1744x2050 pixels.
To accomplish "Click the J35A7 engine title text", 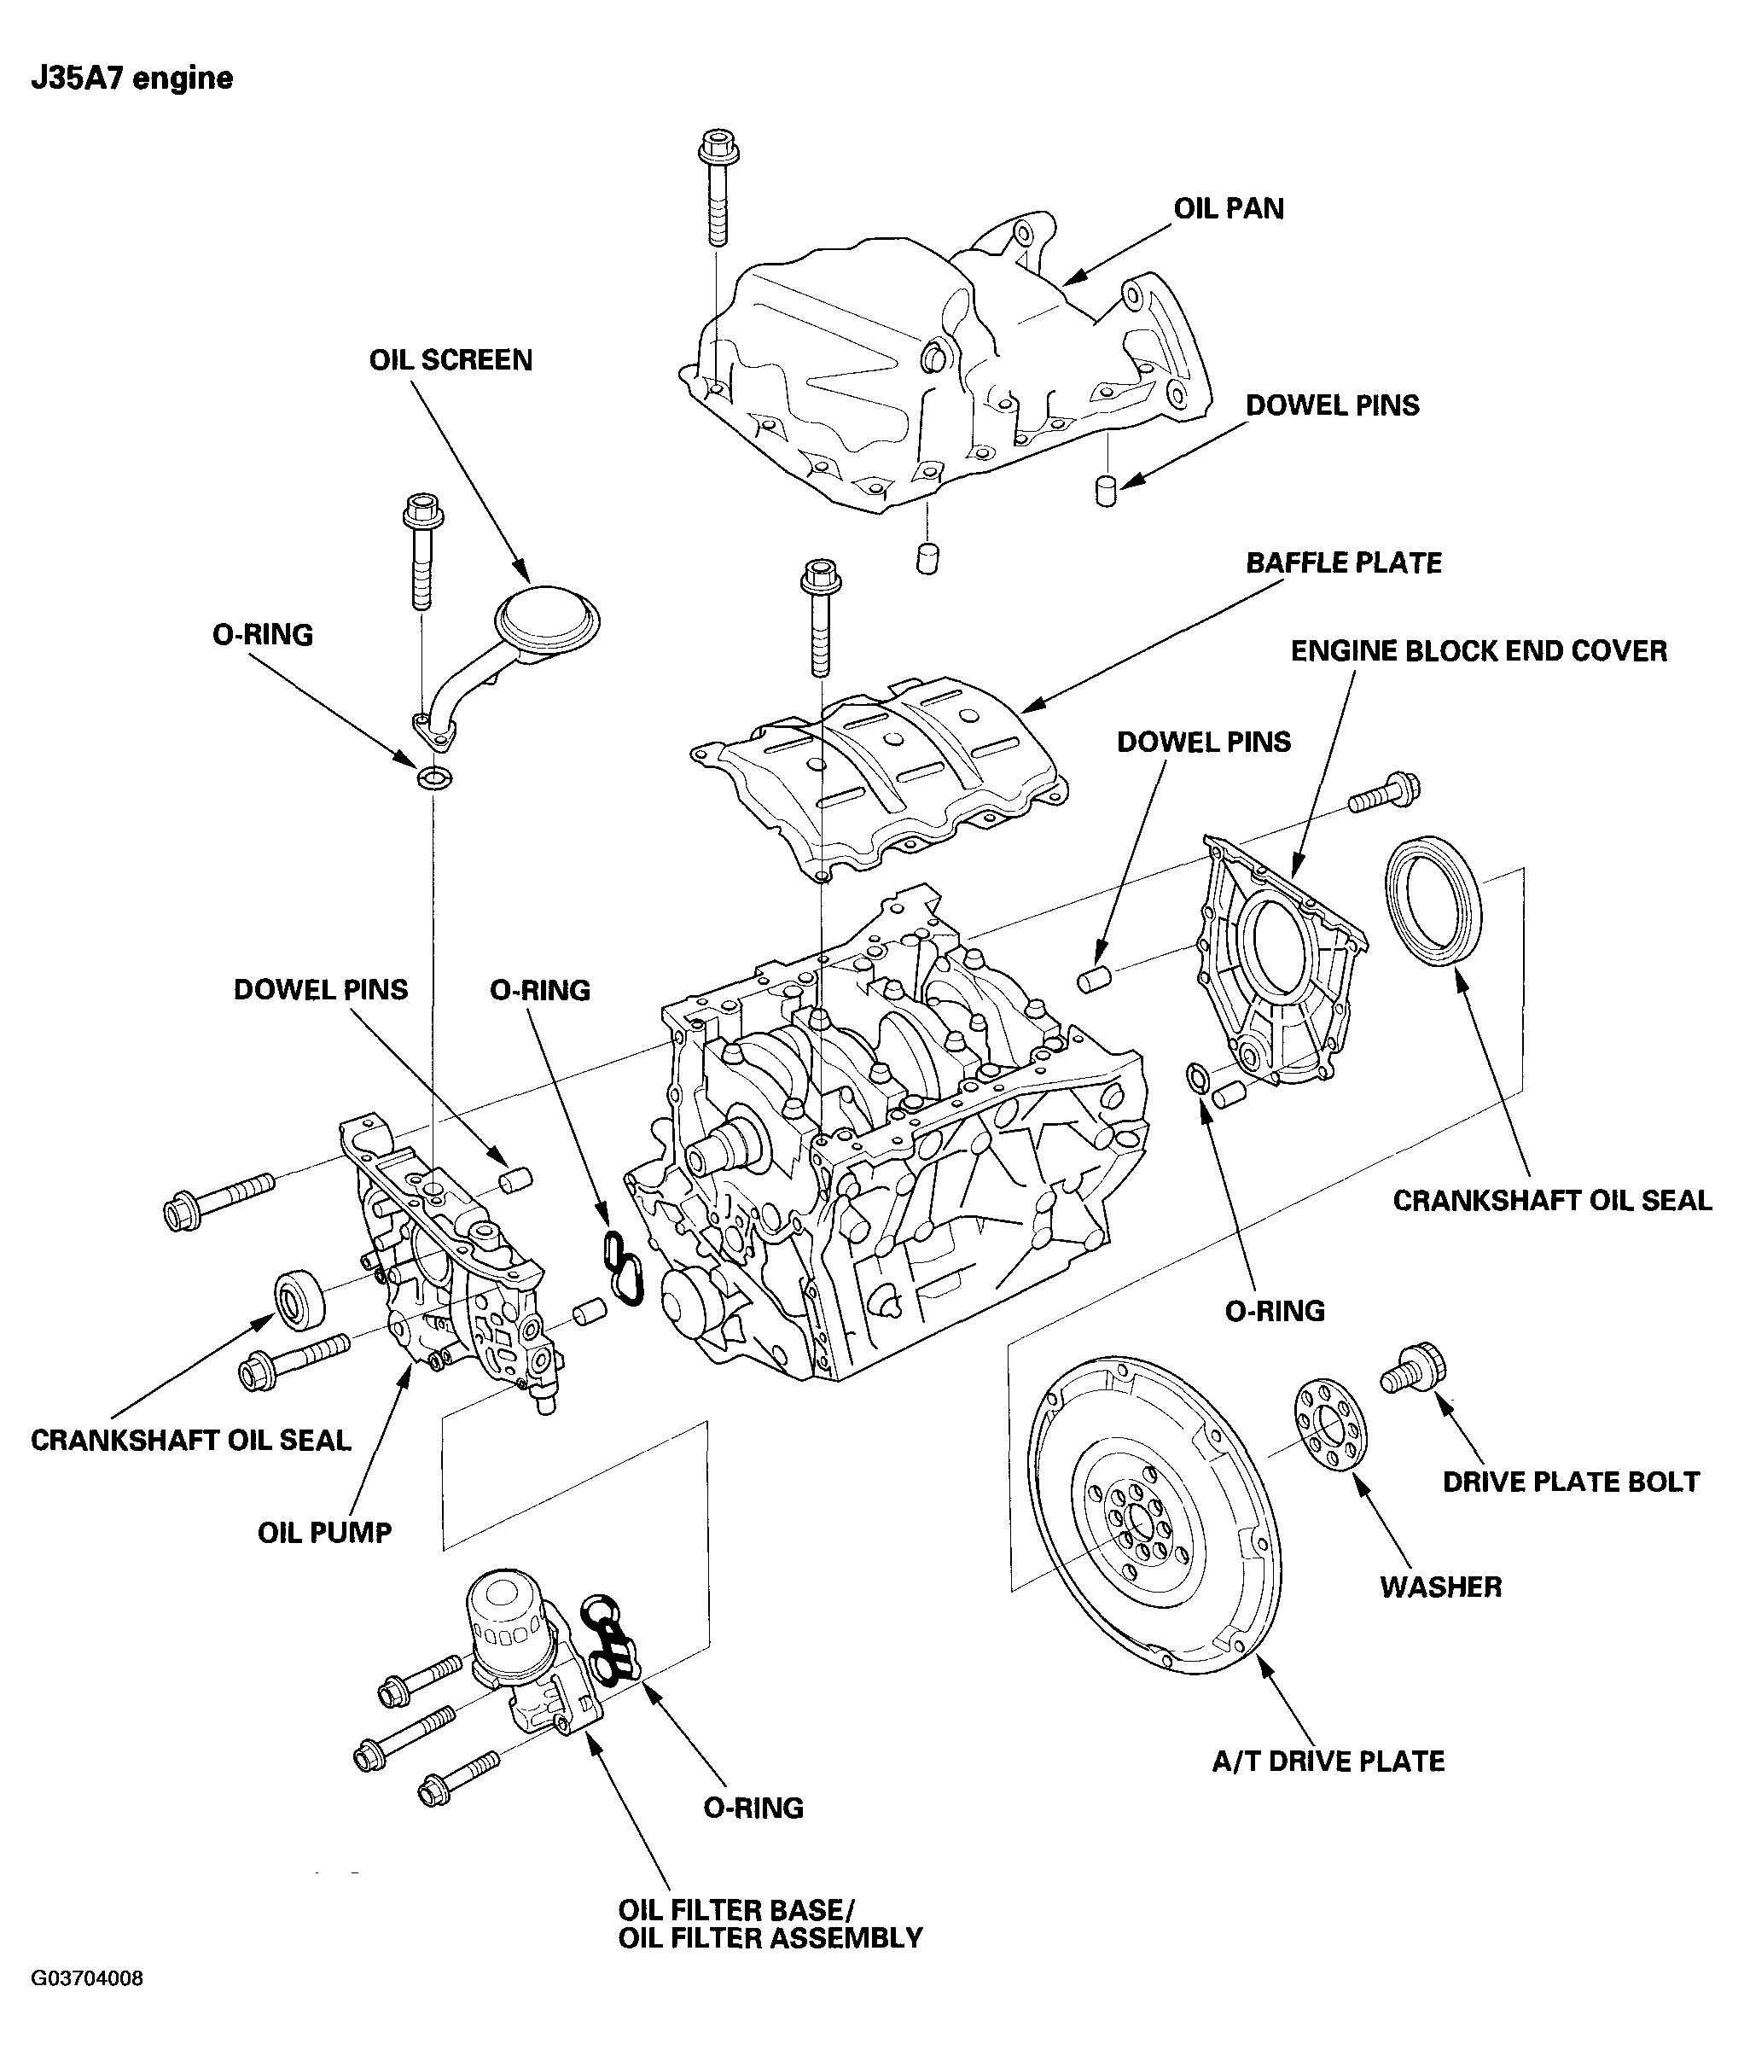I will (x=131, y=79).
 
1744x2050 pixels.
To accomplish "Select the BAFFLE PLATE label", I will (x=1343, y=562).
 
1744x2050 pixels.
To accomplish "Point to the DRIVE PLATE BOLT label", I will (x=1570, y=1482).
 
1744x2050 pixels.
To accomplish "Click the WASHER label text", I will (x=1439, y=1587).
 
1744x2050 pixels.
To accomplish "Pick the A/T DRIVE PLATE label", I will (x=1327, y=1762).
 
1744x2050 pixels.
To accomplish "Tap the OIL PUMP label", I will (x=324, y=1533).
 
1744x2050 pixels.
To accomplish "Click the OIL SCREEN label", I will (x=451, y=360).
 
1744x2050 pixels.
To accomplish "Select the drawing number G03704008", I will (x=87, y=1979).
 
